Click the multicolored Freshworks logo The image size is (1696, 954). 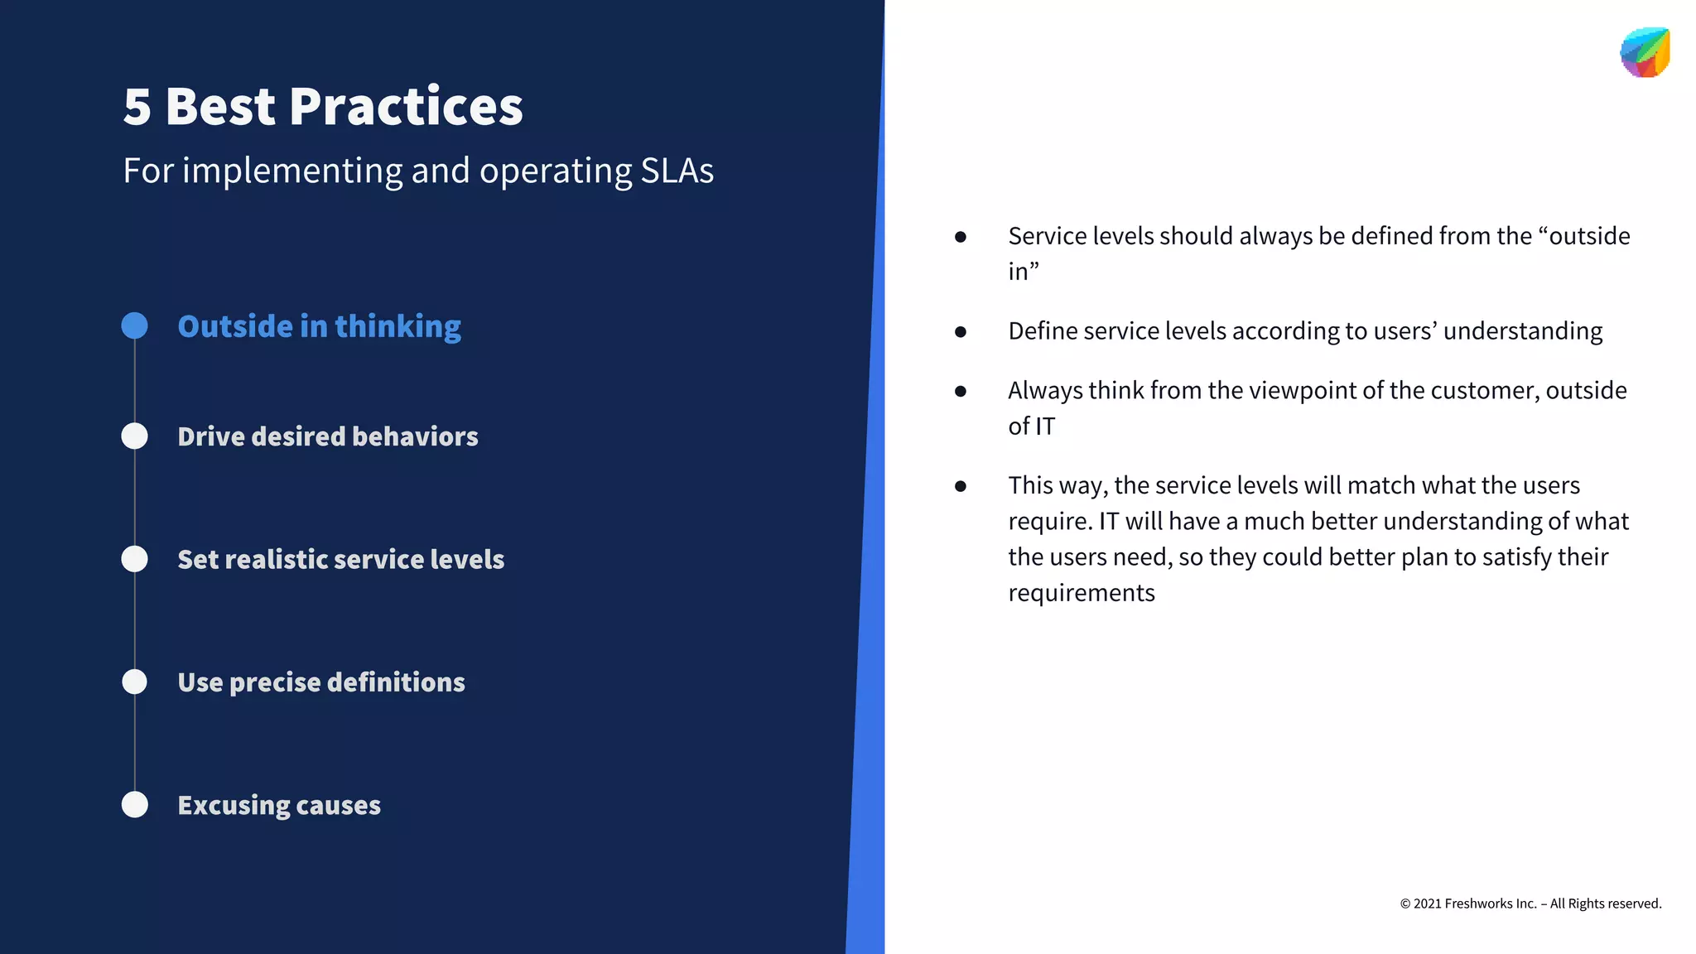(1645, 52)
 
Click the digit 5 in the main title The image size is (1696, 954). (137, 108)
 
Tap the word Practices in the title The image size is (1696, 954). (406, 108)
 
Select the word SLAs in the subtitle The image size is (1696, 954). (677, 171)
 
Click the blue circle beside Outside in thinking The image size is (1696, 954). (135, 325)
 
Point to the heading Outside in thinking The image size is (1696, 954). (319, 326)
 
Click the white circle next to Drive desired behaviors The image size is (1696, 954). (135, 436)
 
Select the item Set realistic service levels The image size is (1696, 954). (340, 559)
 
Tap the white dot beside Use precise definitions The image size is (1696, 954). (135, 682)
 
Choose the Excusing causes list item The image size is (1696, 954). (279, 805)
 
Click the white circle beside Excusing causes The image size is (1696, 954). (135, 804)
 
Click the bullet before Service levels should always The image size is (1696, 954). (961, 237)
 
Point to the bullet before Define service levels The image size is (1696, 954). (961, 332)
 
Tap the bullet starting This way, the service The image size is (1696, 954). (961, 486)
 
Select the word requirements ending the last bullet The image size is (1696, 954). (1081, 593)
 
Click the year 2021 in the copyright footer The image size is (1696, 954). (1427, 903)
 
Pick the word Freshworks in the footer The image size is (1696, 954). (1479, 903)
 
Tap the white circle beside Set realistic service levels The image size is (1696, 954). (135, 559)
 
